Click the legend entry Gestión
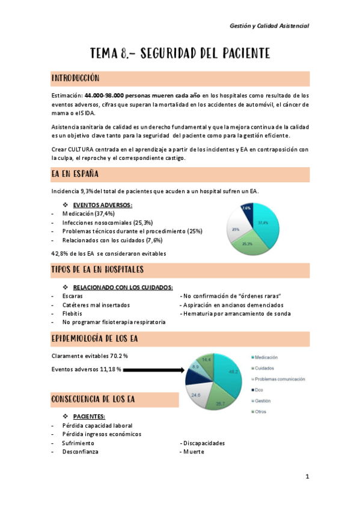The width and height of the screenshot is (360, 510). (x=263, y=401)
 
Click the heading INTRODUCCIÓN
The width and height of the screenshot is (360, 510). (x=76, y=78)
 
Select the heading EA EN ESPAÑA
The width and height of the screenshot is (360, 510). (x=75, y=174)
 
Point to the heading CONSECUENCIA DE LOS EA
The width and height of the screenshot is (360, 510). (x=93, y=399)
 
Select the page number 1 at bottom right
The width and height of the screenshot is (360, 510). (x=307, y=477)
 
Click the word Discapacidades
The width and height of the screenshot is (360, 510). (x=204, y=443)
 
